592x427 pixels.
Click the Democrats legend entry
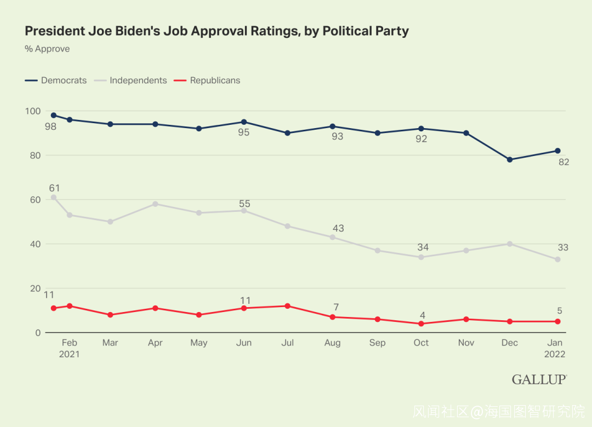pos(63,80)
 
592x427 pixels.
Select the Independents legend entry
pos(138,80)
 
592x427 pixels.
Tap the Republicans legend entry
pos(214,80)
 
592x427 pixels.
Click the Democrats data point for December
pos(510,159)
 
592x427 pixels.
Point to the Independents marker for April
pos(155,204)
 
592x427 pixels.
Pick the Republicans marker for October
pos(421,324)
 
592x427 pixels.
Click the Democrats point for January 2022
pos(557,151)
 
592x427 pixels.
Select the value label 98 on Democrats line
pos(51,127)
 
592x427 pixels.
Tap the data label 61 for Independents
pos(54,188)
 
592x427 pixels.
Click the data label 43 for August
pos(338,228)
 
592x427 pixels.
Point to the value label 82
pos(563,162)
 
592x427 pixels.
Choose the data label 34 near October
pos(423,247)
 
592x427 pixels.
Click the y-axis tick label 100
pos(33,111)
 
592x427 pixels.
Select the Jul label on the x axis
pos(287,343)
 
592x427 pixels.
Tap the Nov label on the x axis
pos(466,343)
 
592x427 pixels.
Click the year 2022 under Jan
pos(554,354)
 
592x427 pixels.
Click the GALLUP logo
pos(539,379)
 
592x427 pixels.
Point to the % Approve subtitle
pos(47,49)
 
